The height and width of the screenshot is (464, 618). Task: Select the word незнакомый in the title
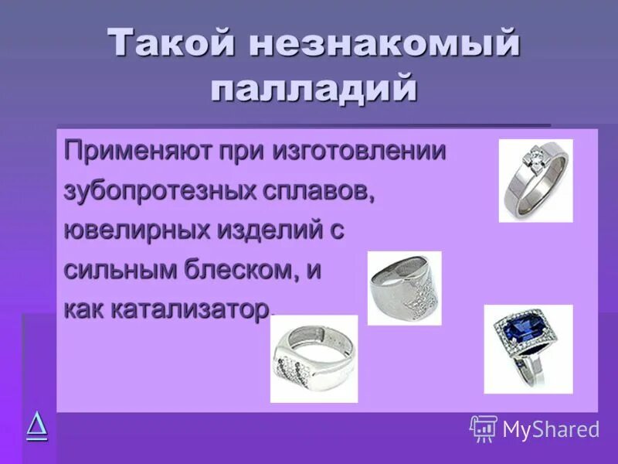pos(384,43)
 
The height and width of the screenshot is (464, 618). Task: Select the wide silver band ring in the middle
pos(403,287)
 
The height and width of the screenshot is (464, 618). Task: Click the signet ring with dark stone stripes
pos(313,359)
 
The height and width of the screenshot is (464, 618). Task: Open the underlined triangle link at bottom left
pos(36,425)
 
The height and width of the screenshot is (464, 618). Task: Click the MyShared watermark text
pos(551,429)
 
